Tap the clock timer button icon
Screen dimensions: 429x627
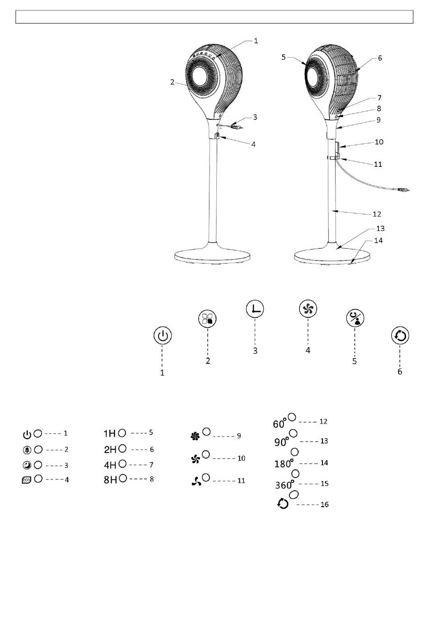(255, 310)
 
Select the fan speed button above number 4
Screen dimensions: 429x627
(308, 309)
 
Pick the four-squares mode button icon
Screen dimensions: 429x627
(208, 319)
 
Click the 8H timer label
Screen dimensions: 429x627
(111, 480)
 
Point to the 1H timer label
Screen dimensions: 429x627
(110, 434)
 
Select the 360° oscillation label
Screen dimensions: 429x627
(284, 485)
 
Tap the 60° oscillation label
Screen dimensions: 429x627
(280, 424)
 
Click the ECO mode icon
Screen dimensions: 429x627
(27, 481)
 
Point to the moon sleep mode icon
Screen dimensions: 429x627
(27, 465)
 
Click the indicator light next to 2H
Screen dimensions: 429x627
(122, 449)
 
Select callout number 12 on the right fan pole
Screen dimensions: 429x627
(377, 214)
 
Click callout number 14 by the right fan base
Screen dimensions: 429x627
(378, 240)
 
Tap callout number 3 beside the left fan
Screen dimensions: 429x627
(255, 117)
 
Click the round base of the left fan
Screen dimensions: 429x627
(213, 256)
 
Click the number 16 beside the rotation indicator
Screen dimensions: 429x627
(324, 504)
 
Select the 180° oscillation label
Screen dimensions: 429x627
(284, 464)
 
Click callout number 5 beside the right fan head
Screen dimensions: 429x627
(284, 57)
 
